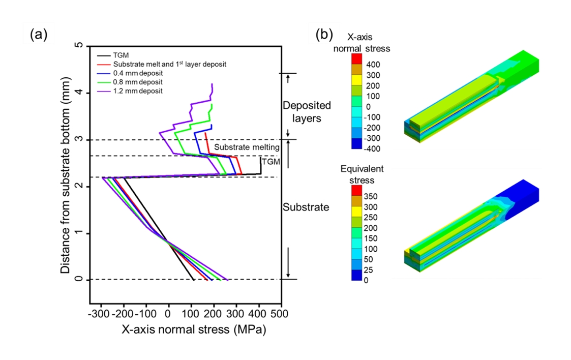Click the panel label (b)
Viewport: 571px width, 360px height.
tap(325, 35)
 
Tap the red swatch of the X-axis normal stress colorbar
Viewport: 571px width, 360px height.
tap(357, 58)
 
